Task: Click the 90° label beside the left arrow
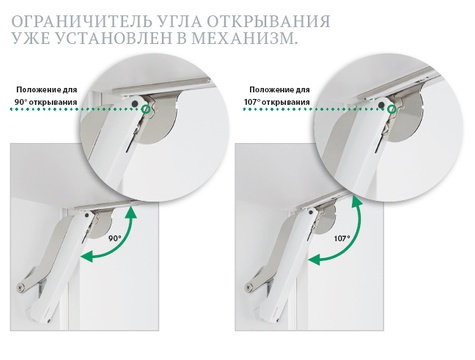(x=115, y=238)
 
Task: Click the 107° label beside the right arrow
(x=342, y=239)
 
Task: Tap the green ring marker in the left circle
(x=145, y=109)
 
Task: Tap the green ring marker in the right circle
(x=392, y=109)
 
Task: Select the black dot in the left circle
(x=134, y=103)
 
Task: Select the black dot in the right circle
(x=381, y=105)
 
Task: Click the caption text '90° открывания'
(x=46, y=102)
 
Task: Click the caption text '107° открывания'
(x=277, y=102)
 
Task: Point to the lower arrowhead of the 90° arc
(x=87, y=256)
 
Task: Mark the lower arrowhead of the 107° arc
(x=315, y=259)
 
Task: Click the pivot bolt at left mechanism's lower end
(x=22, y=287)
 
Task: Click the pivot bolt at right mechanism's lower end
(x=249, y=287)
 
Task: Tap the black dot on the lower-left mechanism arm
(x=87, y=215)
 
